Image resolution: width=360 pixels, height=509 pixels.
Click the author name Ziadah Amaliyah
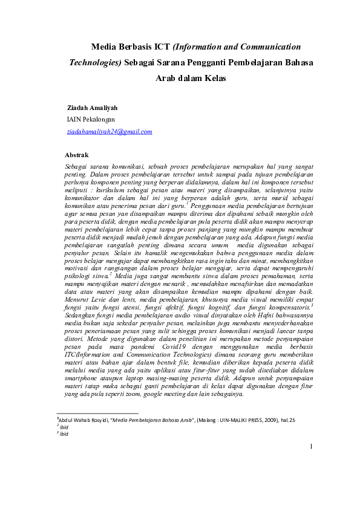(92, 108)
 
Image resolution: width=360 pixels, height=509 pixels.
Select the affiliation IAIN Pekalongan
(92, 119)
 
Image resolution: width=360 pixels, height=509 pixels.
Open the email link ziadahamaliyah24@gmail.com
(110, 131)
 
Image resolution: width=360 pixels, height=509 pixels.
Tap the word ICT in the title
(162, 46)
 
